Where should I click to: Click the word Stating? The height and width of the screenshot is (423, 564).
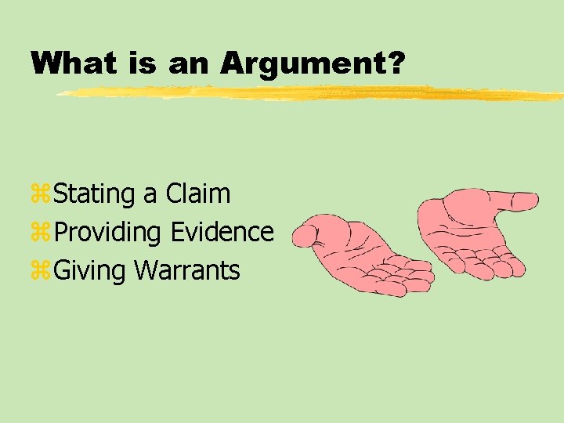point(95,193)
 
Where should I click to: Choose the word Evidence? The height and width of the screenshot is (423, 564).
point(222,232)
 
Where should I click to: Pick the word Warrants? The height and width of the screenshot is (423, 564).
point(187,271)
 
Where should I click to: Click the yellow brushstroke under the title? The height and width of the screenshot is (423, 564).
point(313,94)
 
